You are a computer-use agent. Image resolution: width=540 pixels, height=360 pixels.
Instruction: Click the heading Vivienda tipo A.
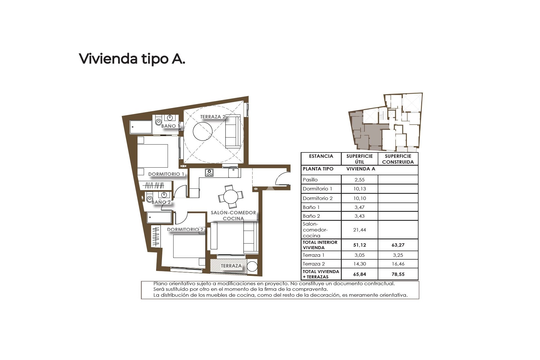click(132, 59)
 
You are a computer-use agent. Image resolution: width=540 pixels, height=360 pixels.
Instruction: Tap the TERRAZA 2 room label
click(213, 117)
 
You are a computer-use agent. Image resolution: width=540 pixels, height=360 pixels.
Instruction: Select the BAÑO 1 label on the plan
click(170, 126)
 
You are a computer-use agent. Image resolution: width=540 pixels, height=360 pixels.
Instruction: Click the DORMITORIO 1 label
click(166, 174)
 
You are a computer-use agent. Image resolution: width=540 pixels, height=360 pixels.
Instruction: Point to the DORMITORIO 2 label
click(185, 229)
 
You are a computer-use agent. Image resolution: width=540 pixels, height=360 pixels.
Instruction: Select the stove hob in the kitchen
click(209, 172)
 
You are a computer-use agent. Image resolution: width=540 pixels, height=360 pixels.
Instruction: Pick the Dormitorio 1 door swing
click(180, 191)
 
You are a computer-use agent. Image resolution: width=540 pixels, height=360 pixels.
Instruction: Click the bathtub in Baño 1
click(141, 127)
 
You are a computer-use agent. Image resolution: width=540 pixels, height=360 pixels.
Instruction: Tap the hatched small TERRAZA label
click(231, 266)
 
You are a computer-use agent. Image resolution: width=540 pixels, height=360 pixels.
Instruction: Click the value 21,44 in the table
click(359, 230)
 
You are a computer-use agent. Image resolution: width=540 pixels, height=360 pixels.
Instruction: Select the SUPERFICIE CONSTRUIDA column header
click(398, 159)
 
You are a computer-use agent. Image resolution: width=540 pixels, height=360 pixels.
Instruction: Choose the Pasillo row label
click(310, 180)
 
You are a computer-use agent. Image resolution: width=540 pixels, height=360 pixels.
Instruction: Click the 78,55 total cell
click(398, 274)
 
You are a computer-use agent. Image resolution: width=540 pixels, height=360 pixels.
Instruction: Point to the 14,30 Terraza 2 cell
click(359, 264)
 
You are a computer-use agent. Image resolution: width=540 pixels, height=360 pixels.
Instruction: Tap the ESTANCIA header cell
click(321, 156)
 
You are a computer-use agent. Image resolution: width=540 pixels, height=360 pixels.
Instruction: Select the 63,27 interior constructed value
click(398, 245)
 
